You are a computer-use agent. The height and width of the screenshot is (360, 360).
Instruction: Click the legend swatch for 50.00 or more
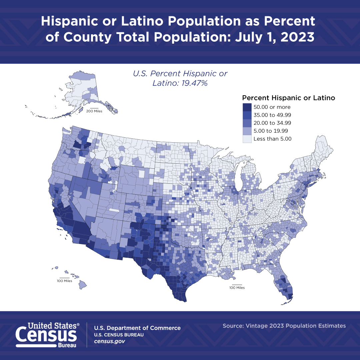(x=247, y=107)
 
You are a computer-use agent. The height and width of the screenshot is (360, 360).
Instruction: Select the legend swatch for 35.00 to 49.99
(x=247, y=115)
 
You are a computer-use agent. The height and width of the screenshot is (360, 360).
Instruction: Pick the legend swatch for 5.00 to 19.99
(x=247, y=131)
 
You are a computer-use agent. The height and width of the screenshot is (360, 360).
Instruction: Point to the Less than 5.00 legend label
(x=272, y=139)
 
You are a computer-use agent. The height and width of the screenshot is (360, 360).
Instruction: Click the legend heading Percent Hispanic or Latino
(x=288, y=98)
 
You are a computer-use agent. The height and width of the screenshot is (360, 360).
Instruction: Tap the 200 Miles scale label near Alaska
(x=94, y=111)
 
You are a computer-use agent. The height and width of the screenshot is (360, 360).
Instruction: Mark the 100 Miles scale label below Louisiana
(x=237, y=288)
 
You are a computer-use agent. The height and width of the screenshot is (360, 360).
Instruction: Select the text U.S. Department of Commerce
(x=137, y=328)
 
